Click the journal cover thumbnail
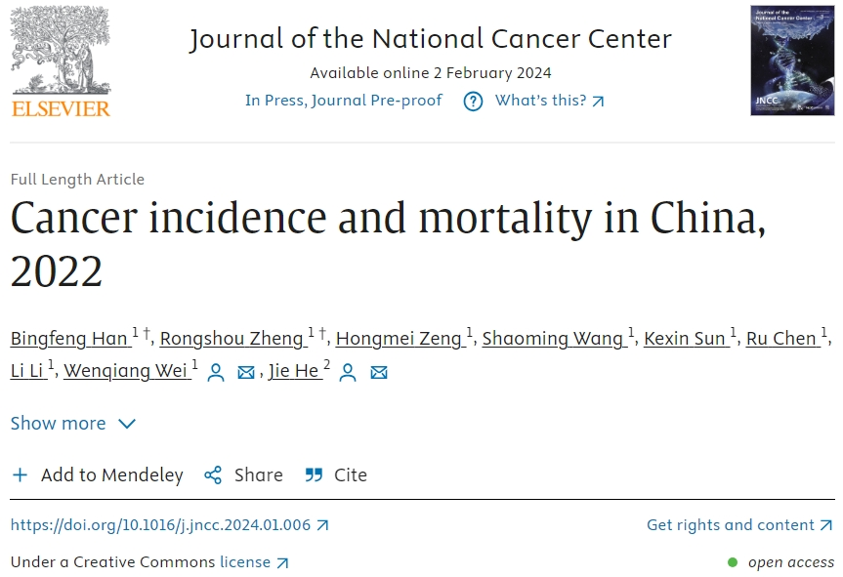[792, 61]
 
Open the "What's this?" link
[549, 101]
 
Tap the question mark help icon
[473, 102]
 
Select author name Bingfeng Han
[69, 338]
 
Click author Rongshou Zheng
[232, 338]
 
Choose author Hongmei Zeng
[398, 338]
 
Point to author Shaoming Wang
[552, 338]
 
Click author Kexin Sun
[686, 338]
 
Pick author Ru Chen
[780, 338]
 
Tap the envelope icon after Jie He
[379, 372]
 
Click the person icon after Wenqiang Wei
[216, 372]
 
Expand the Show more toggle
[73, 423]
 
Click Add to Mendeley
[98, 475]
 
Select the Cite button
[336, 475]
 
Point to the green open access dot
[733, 562]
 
